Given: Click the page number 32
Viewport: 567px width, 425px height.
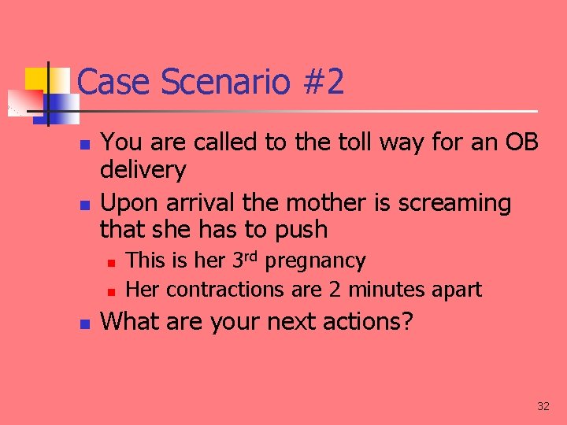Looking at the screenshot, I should (x=543, y=406).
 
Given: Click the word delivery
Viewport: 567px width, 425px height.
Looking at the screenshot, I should (x=143, y=170).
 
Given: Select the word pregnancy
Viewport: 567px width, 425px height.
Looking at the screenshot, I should (x=316, y=261).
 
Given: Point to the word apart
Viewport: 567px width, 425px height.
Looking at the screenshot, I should (x=455, y=290).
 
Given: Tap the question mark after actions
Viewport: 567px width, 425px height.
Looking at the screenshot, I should (x=406, y=322).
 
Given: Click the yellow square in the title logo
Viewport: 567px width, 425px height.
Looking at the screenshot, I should (x=36, y=79).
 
